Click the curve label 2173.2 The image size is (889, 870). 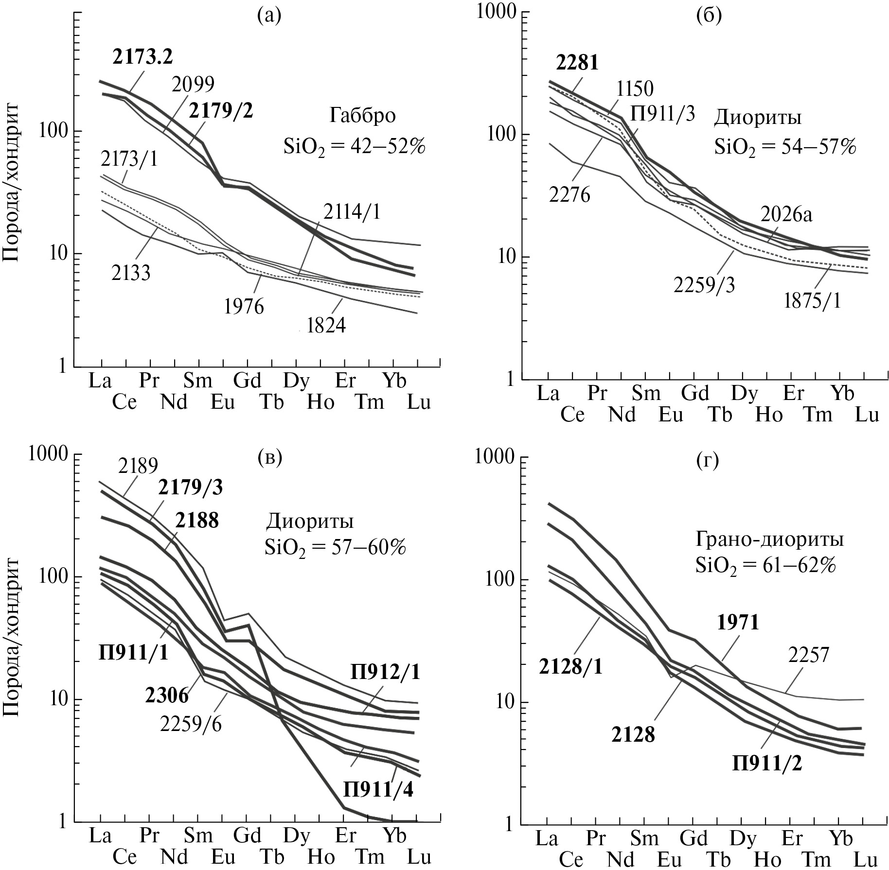(142, 57)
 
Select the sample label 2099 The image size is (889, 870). (193, 85)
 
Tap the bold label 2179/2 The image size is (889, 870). (221, 111)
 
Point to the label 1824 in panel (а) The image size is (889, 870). (326, 325)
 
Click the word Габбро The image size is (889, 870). (362, 116)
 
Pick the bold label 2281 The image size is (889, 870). (577, 63)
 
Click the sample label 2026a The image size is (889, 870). (786, 214)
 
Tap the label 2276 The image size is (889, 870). (569, 195)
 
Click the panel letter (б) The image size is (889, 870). (708, 16)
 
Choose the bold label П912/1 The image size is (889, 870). (384, 673)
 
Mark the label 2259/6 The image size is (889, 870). (191, 725)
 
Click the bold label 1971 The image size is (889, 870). (738, 622)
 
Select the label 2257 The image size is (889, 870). (808, 655)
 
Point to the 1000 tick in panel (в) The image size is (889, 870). (48, 455)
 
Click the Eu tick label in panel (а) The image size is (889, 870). (222, 402)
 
